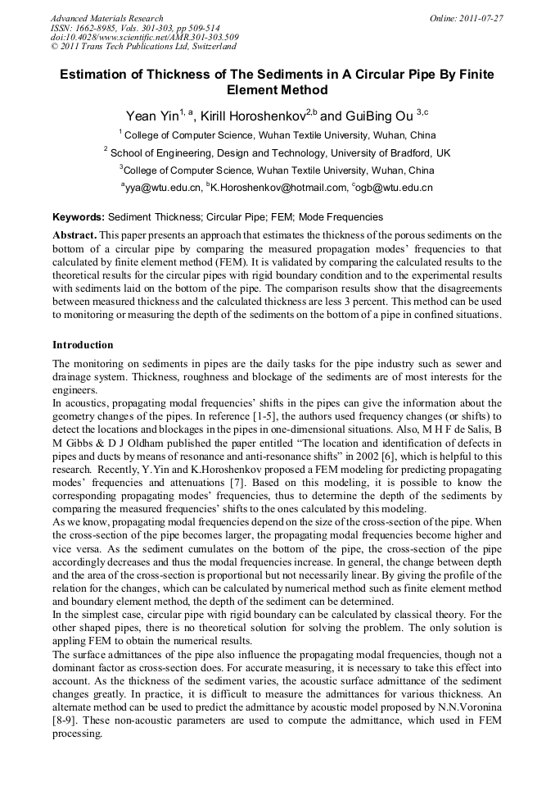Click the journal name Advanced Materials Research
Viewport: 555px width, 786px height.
click(106, 17)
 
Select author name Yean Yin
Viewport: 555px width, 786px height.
click(151, 115)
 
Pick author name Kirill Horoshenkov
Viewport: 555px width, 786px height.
click(252, 115)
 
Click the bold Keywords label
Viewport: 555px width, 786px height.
click(79, 217)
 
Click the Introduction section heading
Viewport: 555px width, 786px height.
click(83, 344)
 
